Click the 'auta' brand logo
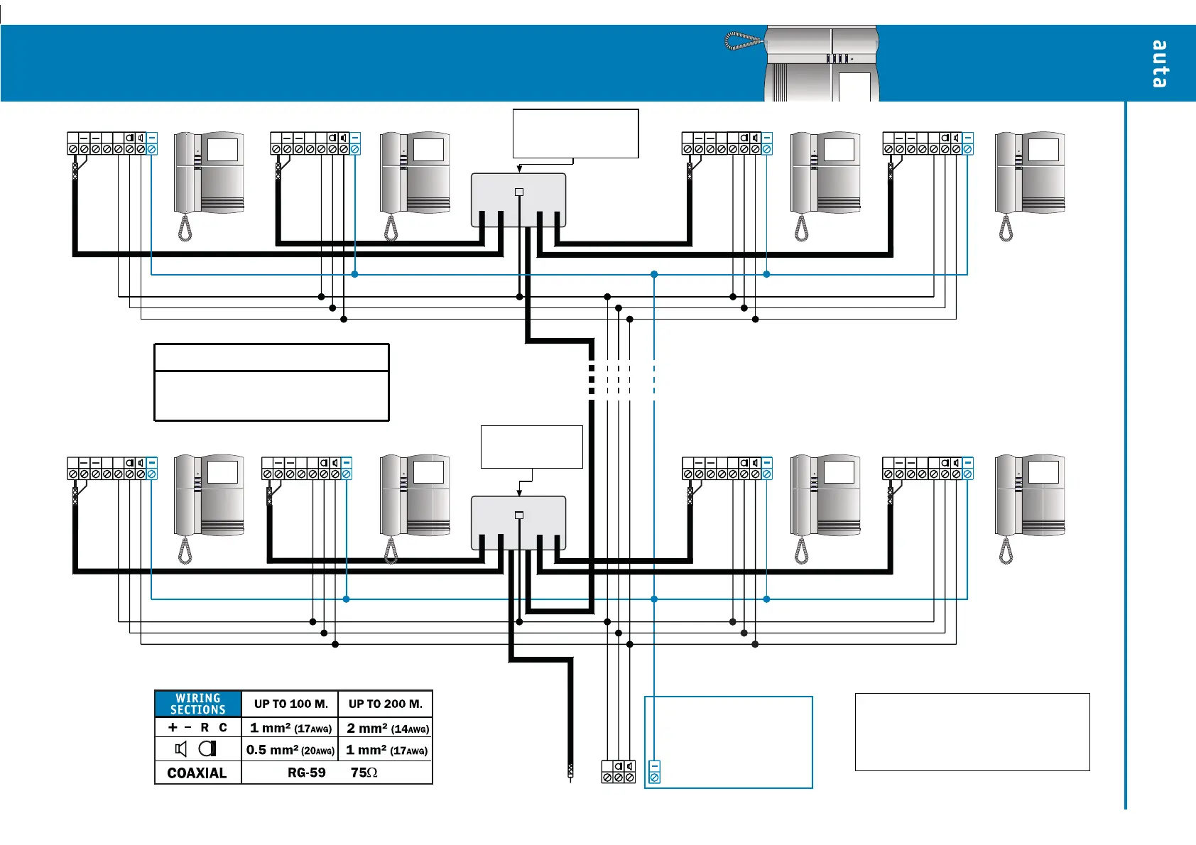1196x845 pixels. pos(1158,64)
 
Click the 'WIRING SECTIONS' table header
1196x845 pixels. pos(198,704)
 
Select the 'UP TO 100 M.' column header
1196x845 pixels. pos(290,704)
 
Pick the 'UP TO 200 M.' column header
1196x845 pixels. pos(385,704)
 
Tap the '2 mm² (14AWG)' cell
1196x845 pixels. pos(387,728)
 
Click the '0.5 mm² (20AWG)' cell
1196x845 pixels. pos(290,750)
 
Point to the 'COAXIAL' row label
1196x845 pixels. pos(197,773)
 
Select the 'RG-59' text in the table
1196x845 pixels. pos(306,773)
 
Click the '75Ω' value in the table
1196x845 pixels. pos(364,773)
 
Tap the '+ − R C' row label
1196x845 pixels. pos(197,727)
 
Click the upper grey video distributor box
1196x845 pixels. pos(518,200)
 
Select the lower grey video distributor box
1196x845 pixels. pos(518,523)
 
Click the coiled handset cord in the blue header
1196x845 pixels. pos(743,41)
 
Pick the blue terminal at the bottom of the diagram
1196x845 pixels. pos(655,778)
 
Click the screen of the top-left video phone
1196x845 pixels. pos(222,150)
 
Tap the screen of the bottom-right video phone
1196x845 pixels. pos(1043,472)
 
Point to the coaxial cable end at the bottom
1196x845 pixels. pos(570,771)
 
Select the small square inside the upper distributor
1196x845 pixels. pos(519,192)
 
